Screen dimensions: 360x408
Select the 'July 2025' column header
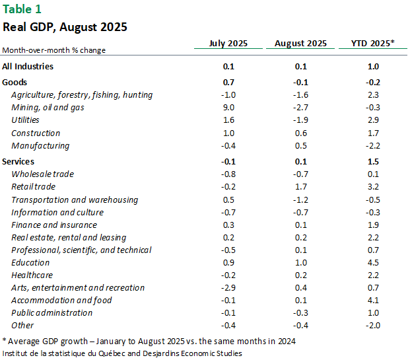point(228,44)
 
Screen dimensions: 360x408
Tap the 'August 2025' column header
point(300,44)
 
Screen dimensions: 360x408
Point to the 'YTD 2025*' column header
point(373,44)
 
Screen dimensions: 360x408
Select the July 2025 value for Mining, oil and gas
point(228,108)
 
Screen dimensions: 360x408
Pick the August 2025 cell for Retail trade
point(300,187)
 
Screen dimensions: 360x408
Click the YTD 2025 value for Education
point(373,262)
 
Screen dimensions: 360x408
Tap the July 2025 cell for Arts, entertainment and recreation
point(228,287)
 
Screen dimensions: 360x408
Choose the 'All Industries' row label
point(28,66)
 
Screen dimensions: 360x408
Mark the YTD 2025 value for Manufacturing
point(373,145)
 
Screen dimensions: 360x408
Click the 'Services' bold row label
point(18,161)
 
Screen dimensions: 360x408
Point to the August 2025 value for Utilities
point(300,120)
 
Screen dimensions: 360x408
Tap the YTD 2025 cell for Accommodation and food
point(373,300)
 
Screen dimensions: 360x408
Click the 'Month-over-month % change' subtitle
point(53,50)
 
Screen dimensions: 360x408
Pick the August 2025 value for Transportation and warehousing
point(300,199)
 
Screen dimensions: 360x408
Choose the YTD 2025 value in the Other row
point(373,325)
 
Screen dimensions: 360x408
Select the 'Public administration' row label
point(51,312)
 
